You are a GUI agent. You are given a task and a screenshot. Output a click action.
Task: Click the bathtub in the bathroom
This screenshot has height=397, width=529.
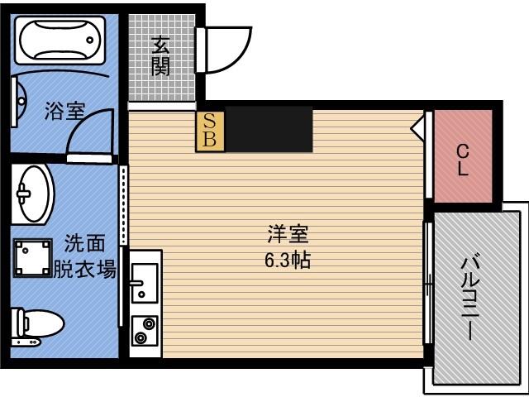60,40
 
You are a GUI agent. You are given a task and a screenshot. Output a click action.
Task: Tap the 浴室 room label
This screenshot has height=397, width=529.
65,111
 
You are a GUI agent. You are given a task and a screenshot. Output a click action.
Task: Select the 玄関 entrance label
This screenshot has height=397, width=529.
160,55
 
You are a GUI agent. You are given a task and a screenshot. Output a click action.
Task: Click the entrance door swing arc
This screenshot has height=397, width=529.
236,54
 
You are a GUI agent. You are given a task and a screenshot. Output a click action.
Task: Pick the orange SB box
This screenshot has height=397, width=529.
210,132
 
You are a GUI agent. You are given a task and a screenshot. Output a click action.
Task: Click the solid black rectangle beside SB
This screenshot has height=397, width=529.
269,129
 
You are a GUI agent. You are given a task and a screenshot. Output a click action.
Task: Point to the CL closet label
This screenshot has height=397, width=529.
463,160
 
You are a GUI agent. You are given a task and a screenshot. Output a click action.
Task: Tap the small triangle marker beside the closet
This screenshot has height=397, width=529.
417,127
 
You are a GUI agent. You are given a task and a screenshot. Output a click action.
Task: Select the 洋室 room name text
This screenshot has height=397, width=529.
288,234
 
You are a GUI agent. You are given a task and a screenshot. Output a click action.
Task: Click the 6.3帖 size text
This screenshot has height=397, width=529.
288,261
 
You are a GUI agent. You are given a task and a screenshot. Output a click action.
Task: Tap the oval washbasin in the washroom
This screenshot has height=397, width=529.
33,194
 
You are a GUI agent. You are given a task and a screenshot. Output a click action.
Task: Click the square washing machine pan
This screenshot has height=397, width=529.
33,258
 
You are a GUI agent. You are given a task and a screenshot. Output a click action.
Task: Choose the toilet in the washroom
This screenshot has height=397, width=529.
36,327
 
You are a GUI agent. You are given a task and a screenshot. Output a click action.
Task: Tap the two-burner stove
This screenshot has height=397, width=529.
145,331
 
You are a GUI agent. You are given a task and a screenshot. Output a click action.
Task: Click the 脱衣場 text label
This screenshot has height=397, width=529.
85,269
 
